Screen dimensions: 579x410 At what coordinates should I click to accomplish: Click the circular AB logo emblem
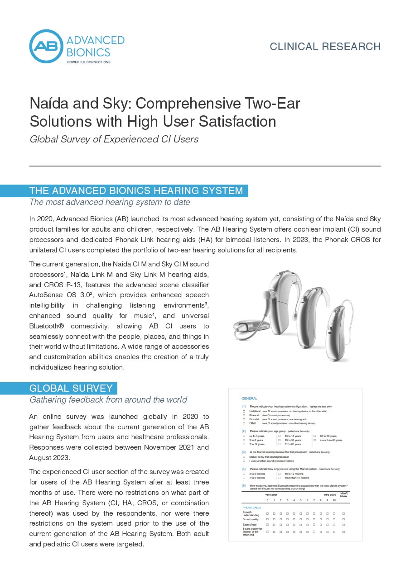46,46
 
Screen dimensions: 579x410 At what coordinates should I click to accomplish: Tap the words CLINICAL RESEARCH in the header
325,47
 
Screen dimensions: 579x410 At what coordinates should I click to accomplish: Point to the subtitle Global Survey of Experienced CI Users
114,139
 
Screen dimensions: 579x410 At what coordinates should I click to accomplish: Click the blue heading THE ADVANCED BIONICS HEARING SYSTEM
136,190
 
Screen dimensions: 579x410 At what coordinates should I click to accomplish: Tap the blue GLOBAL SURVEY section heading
71,388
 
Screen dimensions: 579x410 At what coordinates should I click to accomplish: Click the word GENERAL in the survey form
250,399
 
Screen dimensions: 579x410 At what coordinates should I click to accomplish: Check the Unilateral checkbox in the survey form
244,411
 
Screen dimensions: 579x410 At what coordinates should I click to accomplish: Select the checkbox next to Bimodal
244,419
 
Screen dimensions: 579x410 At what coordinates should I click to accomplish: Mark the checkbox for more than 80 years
314,440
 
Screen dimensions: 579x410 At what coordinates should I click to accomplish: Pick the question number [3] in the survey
244,452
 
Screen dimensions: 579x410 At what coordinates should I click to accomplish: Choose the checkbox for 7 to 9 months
244,478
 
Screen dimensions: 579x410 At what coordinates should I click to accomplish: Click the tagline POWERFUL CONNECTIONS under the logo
89,62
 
